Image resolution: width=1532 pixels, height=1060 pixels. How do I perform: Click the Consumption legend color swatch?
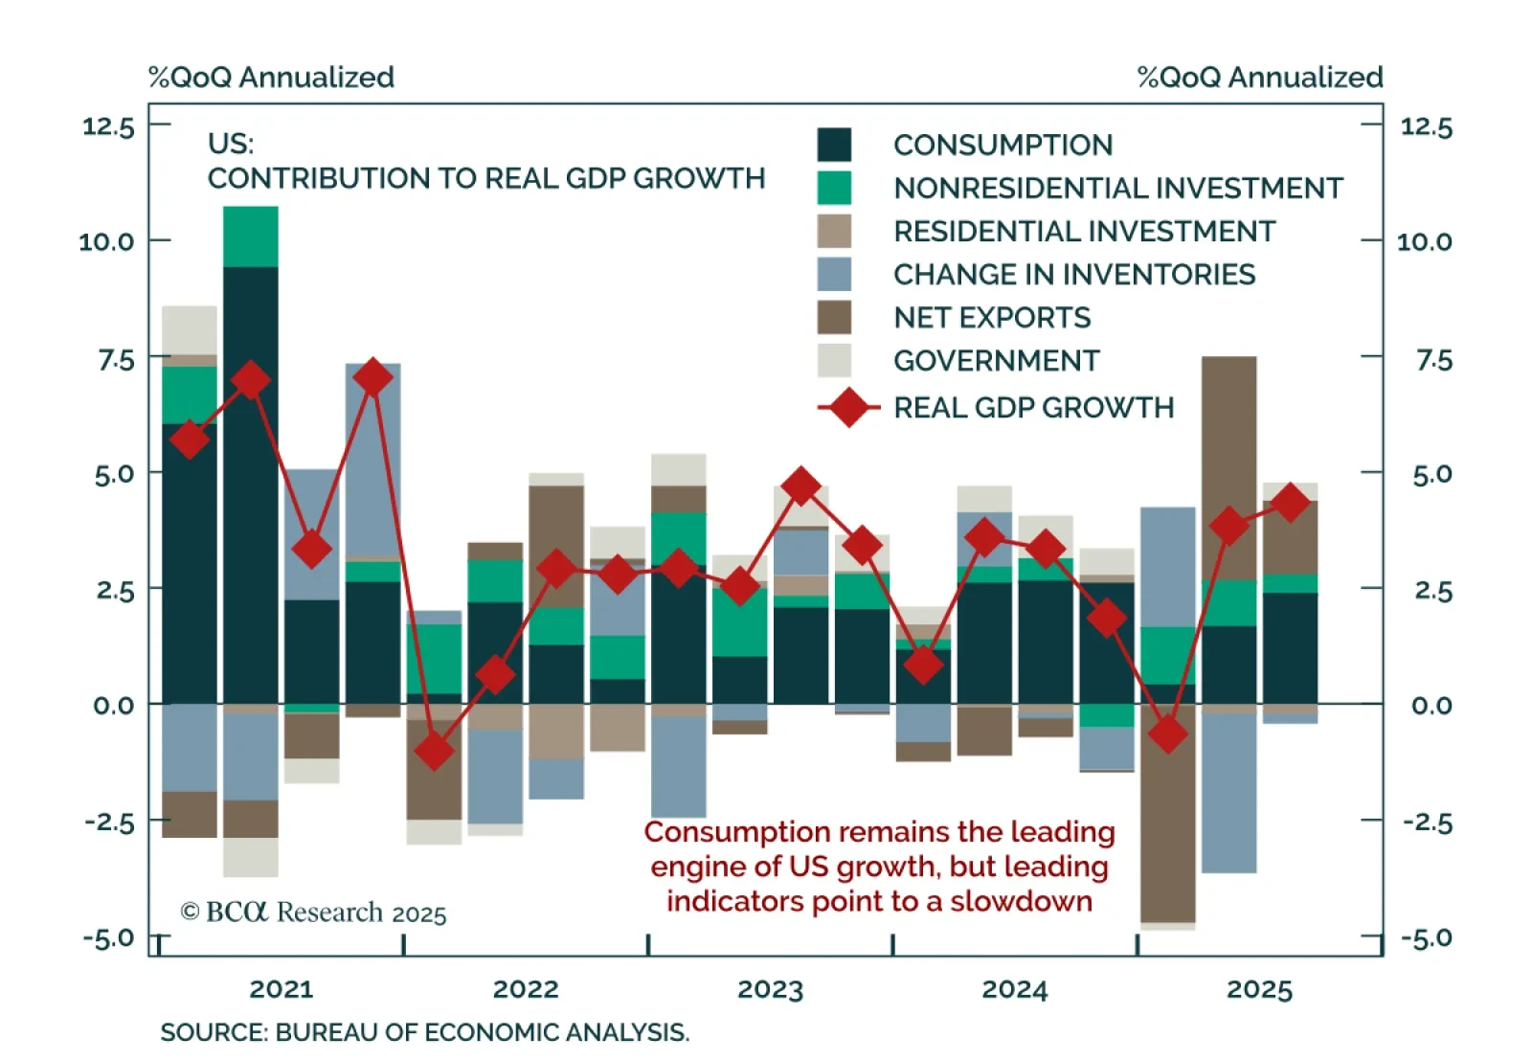click(834, 146)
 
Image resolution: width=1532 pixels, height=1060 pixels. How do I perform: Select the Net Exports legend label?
click(992, 318)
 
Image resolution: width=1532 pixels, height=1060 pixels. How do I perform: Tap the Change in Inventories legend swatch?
click(834, 275)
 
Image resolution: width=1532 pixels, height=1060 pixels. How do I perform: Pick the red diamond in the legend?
click(848, 408)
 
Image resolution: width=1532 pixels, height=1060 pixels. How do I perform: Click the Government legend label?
click(997, 361)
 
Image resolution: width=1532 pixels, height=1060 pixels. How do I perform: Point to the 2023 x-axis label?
click(770, 989)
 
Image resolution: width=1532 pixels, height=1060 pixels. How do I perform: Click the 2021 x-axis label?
click(282, 989)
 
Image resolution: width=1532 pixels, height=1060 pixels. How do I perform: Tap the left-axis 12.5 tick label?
click(108, 126)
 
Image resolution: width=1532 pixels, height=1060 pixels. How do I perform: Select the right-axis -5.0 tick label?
click(1427, 937)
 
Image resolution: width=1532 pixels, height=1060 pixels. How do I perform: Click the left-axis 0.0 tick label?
click(114, 706)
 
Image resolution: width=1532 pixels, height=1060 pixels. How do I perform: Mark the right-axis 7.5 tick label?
click(1433, 361)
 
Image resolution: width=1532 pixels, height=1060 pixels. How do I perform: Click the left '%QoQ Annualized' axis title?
click(271, 78)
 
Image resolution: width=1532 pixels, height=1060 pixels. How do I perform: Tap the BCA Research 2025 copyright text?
click(313, 913)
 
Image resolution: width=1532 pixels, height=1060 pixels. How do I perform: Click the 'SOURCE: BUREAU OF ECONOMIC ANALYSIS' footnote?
click(424, 1032)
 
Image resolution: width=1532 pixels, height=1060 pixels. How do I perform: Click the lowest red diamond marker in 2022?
click(435, 751)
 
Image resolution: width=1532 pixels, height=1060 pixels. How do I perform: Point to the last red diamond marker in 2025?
click(1290, 503)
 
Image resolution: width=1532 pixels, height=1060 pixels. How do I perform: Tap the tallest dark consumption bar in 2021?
click(251, 479)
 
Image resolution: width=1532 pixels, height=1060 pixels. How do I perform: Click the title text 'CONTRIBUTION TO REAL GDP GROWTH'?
click(486, 179)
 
